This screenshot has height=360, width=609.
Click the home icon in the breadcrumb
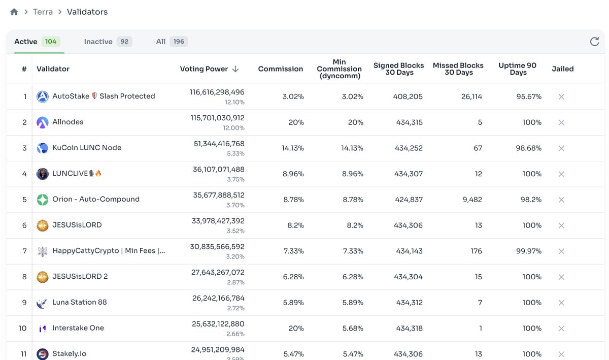[x=14, y=12]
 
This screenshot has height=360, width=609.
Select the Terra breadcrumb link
[x=43, y=12]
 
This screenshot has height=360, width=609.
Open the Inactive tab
[x=98, y=42]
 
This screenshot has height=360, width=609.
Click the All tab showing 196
[x=161, y=42]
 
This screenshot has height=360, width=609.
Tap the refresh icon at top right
[x=594, y=42]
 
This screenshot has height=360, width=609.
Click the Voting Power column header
[x=204, y=69]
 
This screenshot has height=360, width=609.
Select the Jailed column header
[x=562, y=69]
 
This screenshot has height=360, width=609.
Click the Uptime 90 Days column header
[x=517, y=69]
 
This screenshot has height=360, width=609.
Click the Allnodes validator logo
[x=43, y=122]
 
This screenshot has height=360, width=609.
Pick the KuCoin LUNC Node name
[x=87, y=148]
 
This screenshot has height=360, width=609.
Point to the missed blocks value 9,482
[x=471, y=200]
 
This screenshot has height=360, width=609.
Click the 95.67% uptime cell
[x=529, y=96]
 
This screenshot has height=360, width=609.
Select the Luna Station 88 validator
[x=80, y=302]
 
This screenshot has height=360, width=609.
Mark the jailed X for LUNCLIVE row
[x=561, y=174]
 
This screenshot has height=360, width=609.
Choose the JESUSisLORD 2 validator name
[x=80, y=276]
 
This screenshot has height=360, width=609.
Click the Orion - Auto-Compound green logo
[x=43, y=200]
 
